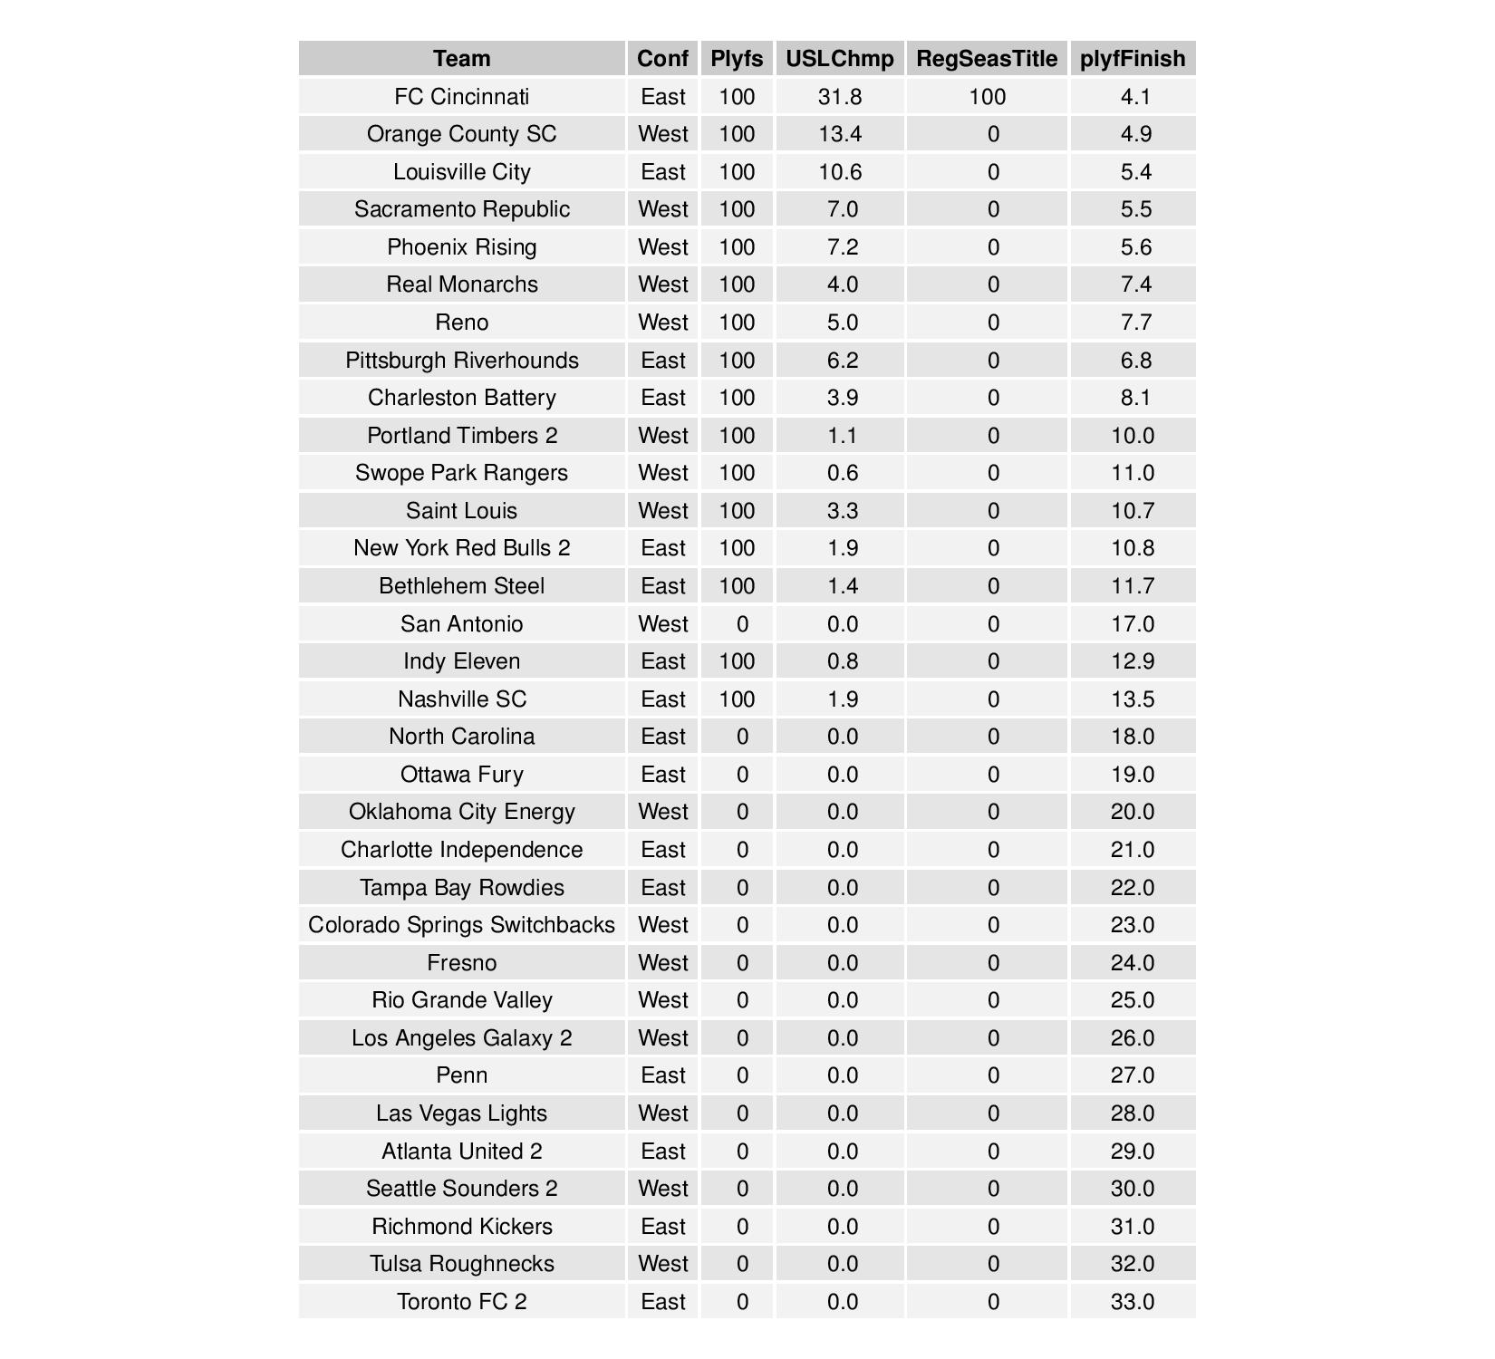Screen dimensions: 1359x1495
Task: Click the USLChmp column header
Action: [x=839, y=59]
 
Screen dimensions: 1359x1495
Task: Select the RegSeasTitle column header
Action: [x=987, y=59]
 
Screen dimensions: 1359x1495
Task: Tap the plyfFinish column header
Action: [x=1133, y=59]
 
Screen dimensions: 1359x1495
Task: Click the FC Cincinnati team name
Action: [x=461, y=97]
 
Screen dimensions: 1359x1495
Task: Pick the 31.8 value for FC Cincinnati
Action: [x=839, y=97]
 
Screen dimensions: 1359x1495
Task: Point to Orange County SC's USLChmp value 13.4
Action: [x=839, y=134]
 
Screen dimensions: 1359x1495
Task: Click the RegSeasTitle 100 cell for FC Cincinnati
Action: [x=987, y=97]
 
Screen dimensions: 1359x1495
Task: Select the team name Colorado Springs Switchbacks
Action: [x=461, y=925]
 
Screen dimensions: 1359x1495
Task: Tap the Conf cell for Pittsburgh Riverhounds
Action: [x=662, y=361]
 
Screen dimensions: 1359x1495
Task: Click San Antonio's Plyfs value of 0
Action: [x=742, y=624]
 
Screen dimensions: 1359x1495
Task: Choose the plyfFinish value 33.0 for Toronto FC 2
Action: [x=1133, y=1302]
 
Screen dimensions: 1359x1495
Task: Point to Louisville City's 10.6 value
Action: [x=839, y=172]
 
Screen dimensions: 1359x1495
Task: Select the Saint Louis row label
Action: [x=461, y=511]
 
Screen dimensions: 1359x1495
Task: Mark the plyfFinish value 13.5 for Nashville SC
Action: [x=1133, y=699]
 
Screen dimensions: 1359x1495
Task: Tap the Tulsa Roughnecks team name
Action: [x=461, y=1264]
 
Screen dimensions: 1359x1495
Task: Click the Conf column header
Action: [x=662, y=59]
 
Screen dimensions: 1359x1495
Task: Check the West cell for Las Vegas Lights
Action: [x=662, y=1113]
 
